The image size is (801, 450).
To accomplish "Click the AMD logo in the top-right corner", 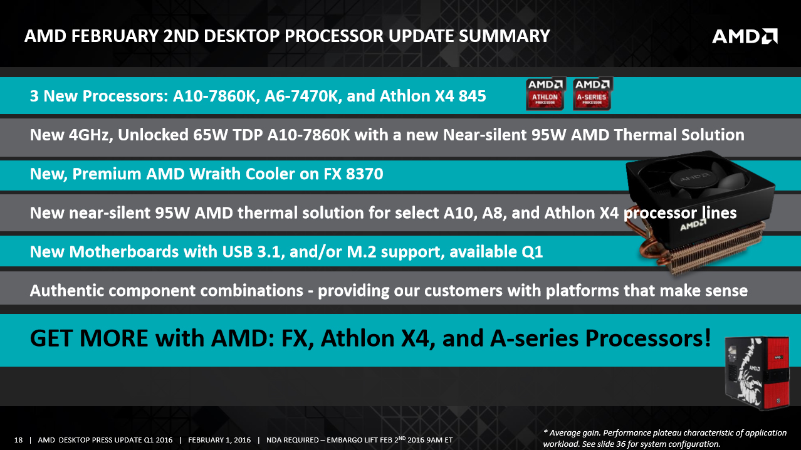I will pyautogui.click(x=745, y=36).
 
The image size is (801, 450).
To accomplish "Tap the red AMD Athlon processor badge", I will pyautogui.click(x=545, y=94).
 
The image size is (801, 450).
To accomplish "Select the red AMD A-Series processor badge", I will pyautogui.click(x=592, y=94).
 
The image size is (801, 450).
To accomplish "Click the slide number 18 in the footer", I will pyautogui.click(x=18, y=440).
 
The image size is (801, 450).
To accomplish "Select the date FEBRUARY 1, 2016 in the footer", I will pyautogui.click(x=219, y=440).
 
